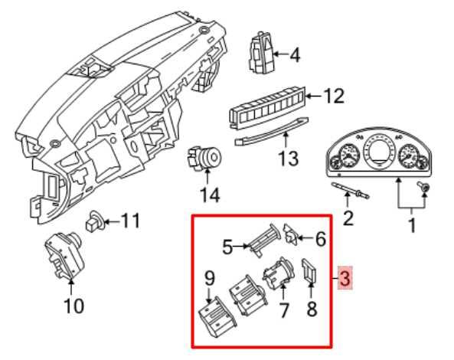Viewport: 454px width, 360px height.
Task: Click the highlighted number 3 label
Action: [346, 279]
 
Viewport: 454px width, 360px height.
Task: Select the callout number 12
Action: [334, 97]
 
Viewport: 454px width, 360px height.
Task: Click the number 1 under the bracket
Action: [412, 225]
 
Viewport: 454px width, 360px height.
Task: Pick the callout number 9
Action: [209, 279]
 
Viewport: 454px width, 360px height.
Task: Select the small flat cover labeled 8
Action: [311, 270]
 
